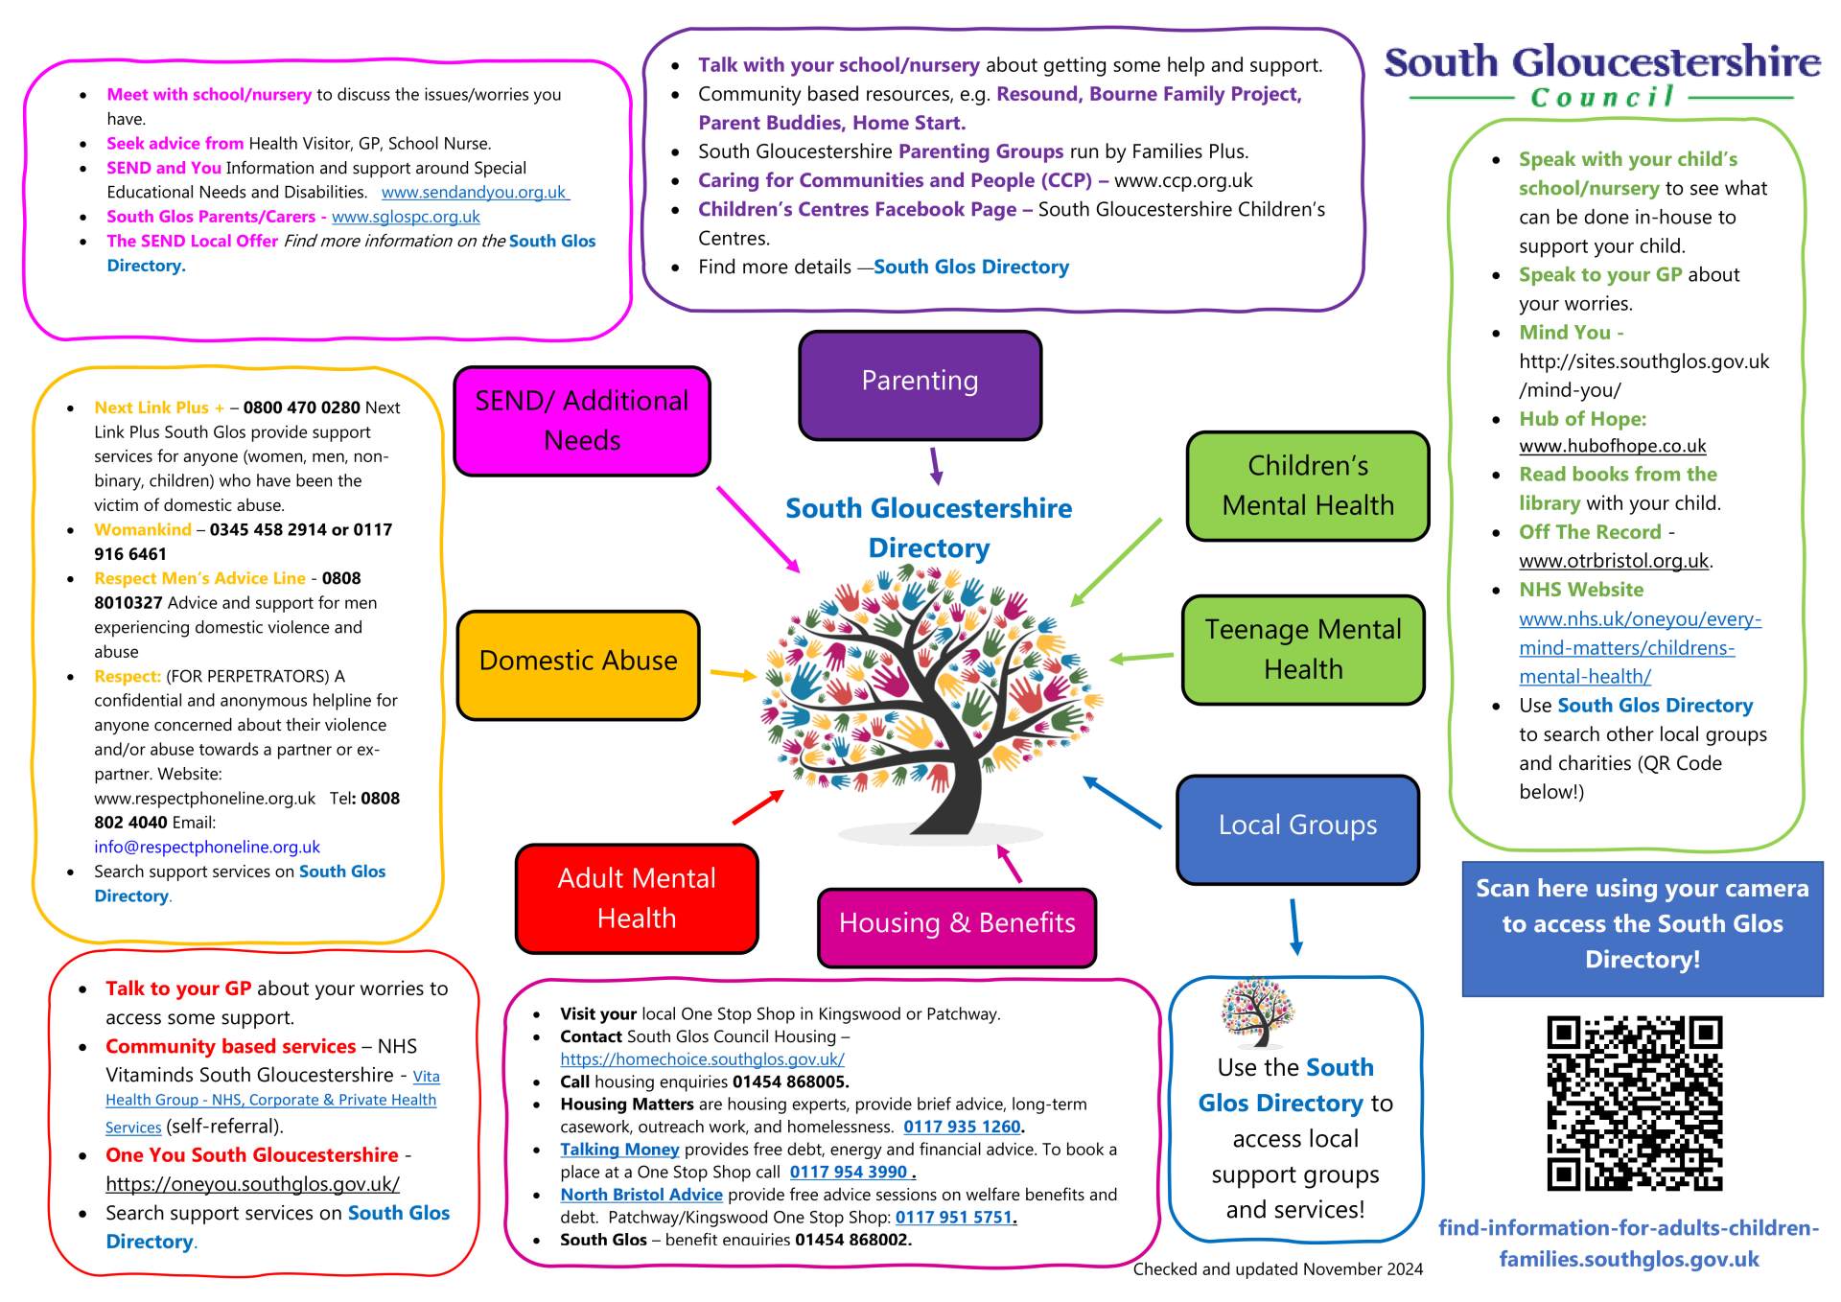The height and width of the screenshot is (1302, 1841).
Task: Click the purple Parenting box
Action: pos(920,385)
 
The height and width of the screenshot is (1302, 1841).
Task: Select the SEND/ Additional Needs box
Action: pos(582,421)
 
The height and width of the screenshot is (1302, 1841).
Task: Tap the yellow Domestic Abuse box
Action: pos(578,664)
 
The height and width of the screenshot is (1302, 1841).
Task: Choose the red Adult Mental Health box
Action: pos(637,898)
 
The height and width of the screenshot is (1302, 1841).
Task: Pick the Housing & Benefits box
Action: pos(957,927)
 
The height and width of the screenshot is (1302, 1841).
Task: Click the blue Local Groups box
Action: pos(1297,829)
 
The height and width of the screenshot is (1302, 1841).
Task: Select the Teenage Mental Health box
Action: pos(1303,650)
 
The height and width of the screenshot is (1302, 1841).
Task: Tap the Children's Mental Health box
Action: pos(1308,486)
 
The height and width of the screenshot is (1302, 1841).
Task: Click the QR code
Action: pos(1635,1104)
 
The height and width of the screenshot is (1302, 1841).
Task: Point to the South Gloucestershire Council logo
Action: pos(1602,75)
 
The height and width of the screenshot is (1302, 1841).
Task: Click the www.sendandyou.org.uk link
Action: pos(475,193)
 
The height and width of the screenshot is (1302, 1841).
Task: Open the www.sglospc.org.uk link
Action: pos(406,218)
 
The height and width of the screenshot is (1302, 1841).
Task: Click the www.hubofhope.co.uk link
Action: pos(1613,446)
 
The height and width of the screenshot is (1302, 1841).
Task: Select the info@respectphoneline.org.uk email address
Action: pos(207,848)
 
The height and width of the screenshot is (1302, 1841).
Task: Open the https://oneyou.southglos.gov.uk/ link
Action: pos(252,1184)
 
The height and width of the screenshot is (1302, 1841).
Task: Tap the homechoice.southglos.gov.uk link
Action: pos(702,1059)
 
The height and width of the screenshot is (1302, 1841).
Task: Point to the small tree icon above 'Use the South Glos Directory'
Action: pos(1257,1012)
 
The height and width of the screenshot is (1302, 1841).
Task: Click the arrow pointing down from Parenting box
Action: pos(936,466)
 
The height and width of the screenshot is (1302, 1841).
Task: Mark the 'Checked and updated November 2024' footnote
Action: pos(1278,1269)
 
